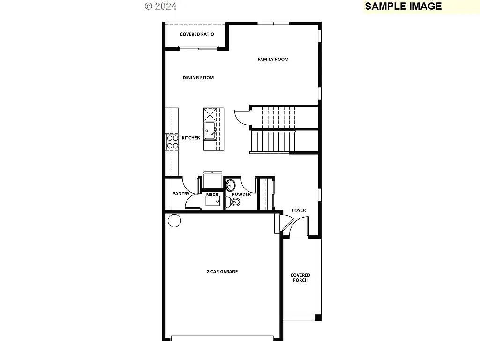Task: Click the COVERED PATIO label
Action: click(x=196, y=34)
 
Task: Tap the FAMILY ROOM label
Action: click(x=273, y=59)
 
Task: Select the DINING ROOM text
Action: click(x=198, y=77)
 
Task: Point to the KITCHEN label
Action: click(x=191, y=138)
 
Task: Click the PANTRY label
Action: click(x=180, y=194)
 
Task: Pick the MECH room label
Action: click(x=212, y=194)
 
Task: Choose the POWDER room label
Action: click(x=241, y=194)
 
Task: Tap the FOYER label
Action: click(x=299, y=210)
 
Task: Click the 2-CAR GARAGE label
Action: click(x=222, y=271)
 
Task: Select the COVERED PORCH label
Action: click(x=300, y=277)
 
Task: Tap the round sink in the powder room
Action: click(x=231, y=184)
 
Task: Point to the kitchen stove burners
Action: click(x=172, y=142)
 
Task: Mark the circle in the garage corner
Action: click(x=174, y=220)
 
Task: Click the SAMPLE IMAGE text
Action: click(x=403, y=6)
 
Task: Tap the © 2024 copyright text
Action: click(x=160, y=6)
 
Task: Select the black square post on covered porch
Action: click(x=318, y=317)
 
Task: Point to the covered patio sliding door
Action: click(x=199, y=47)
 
